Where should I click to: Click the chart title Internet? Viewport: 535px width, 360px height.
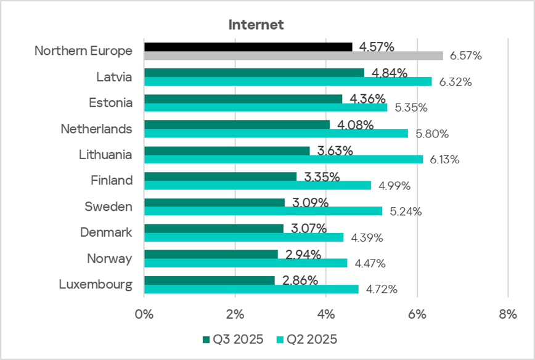coord(256,25)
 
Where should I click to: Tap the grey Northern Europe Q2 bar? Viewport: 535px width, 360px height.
coord(293,56)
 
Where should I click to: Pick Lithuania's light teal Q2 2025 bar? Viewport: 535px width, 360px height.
coord(284,159)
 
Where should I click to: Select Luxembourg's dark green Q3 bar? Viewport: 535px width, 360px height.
coord(209,280)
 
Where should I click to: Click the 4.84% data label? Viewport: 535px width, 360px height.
coord(390,73)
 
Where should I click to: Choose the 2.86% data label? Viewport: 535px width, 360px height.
coord(300,280)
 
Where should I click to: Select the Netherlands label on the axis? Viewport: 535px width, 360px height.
coord(96,129)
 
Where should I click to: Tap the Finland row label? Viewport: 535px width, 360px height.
coord(112,181)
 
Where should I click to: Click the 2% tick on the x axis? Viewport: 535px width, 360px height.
coord(235,314)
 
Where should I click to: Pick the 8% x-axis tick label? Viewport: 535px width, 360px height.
coord(507,314)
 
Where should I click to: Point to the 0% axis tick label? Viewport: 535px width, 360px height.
coord(144,314)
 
